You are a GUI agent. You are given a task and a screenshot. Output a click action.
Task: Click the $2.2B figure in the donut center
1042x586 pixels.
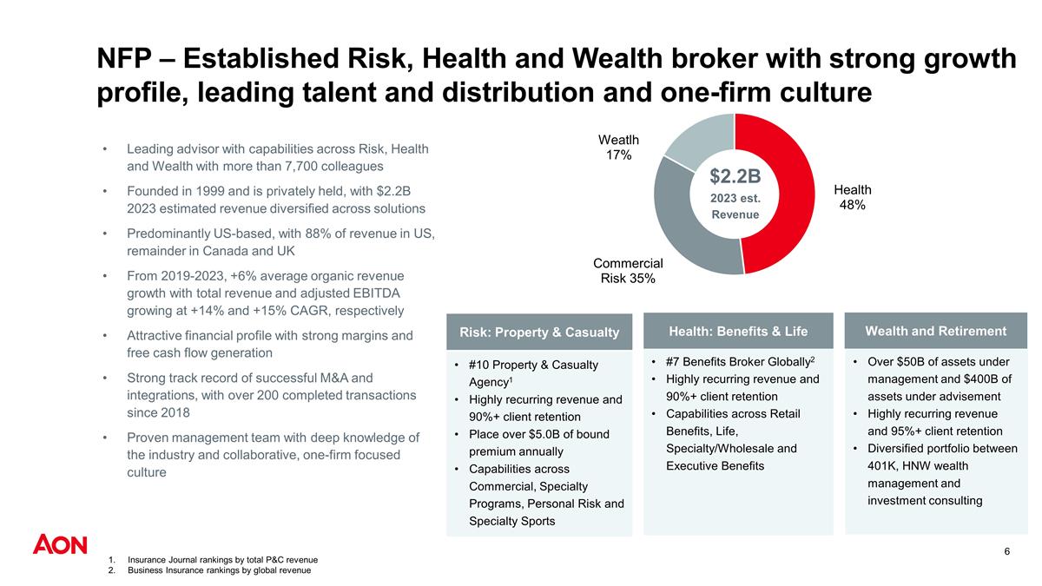click(x=735, y=177)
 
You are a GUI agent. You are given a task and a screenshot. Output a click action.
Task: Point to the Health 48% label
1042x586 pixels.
click(x=852, y=197)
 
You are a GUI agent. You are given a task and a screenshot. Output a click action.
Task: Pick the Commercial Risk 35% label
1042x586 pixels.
click(x=628, y=270)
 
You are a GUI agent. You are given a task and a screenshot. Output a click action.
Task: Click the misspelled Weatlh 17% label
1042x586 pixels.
click(x=618, y=147)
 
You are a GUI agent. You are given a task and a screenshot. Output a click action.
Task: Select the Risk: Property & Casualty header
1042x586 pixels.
click(x=538, y=333)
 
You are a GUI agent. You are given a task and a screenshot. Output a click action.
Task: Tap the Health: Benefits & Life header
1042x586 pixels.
click(x=737, y=331)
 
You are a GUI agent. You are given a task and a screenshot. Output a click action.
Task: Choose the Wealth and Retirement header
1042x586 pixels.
click(x=935, y=331)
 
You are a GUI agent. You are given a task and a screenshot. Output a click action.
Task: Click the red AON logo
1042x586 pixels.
click(x=60, y=545)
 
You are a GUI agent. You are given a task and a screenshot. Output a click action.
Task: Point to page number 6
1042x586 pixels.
click(x=1006, y=552)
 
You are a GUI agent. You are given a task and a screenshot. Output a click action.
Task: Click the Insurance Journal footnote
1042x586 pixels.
click(x=222, y=560)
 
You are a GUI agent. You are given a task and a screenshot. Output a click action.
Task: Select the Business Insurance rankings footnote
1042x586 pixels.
click(x=219, y=570)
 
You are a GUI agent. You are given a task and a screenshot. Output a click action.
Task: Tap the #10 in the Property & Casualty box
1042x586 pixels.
click(x=479, y=365)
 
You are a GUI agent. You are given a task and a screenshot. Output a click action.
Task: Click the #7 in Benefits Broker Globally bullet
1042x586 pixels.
click(x=674, y=361)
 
